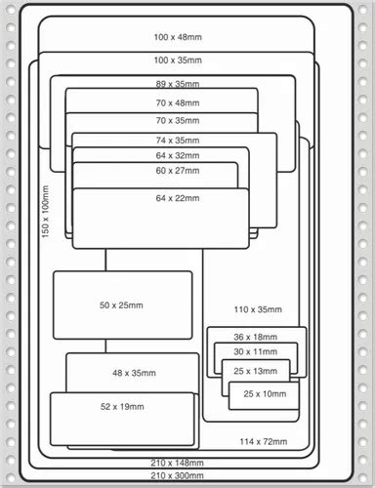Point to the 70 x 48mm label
177,102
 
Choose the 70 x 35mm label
177,121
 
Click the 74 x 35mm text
177,141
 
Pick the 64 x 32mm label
177,155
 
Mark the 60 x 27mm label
177,170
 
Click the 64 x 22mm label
177,198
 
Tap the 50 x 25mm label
121,305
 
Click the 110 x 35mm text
258,310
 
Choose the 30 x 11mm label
253,351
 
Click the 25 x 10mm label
265,393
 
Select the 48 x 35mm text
133,373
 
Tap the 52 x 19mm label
122,406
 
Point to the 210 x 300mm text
177,474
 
